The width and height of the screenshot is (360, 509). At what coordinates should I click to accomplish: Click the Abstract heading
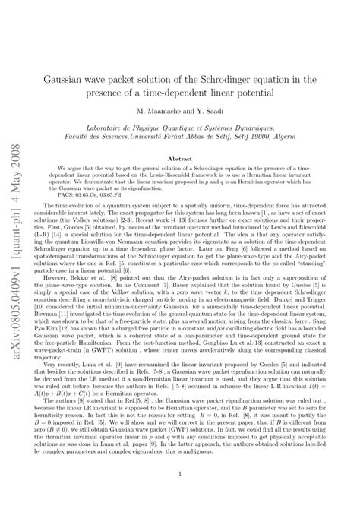pos(187,158)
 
